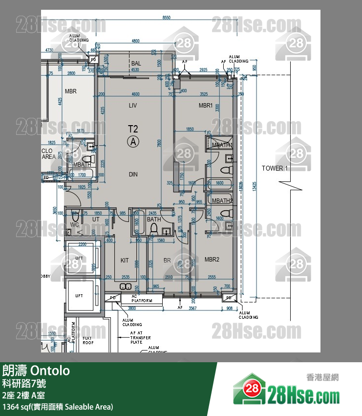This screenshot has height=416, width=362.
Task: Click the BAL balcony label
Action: (x=136, y=64)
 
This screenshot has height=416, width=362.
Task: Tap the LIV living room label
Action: (x=132, y=106)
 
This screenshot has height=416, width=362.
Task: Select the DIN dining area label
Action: (x=133, y=175)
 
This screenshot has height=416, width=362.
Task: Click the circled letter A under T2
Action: (x=133, y=142)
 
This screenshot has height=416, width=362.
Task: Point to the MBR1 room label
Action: (x=206, y=106)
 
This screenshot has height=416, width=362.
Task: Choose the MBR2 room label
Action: (x=212, y=260)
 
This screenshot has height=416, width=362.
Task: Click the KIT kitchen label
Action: (x=125, y=261)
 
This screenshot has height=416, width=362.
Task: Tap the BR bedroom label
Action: (x=167, y=261)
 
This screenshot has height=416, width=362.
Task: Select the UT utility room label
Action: (x=96, y=220)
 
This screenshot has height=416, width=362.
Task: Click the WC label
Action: (x=75, y=225)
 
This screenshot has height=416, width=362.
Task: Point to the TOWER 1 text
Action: (x=275, y=168)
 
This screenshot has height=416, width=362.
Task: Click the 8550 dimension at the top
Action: (x=167, y=18)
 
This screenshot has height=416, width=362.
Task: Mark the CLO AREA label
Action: (x=48, y=154)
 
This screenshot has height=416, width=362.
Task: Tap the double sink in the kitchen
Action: (x=125, y=286)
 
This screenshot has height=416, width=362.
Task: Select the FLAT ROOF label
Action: (x=88, y=341)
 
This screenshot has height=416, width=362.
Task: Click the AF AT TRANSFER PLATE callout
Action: (x=140, y=337)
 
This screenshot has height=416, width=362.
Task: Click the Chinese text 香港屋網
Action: (x=322, y=377)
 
